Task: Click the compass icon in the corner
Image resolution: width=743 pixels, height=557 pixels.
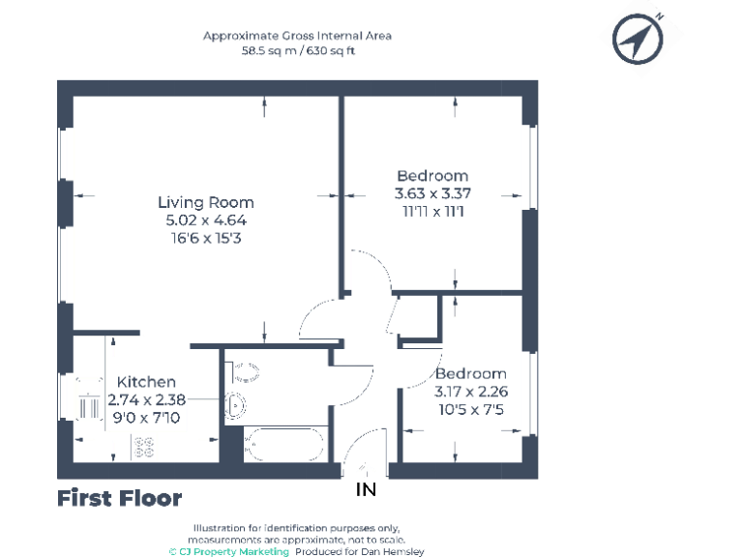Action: point(639,40)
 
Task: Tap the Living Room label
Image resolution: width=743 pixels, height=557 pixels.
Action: point(206,202)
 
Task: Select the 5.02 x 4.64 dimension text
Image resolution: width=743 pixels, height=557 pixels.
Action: point(206,220)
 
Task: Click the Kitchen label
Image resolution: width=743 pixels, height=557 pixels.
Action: point(146,382)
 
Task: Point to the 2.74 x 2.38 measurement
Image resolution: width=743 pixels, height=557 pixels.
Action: point(144,399)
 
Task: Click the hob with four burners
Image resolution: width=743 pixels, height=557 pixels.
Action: point(143,447)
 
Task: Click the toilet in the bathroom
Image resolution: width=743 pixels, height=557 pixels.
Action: point(245,368)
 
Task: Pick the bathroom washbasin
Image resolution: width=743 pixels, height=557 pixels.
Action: point(235,404)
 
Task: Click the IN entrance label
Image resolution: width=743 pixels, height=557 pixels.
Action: point(366,490)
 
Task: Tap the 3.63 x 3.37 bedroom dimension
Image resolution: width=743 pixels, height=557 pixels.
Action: point(432,193)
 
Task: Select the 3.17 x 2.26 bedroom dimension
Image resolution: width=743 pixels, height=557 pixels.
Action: point(470,392)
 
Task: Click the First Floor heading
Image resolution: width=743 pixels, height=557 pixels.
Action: point(119,499)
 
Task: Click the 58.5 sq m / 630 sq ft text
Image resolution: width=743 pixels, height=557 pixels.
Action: point(297,51)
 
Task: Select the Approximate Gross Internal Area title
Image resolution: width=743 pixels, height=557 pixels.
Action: point(297,36)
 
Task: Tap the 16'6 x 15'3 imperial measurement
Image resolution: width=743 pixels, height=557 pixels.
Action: point(206,237)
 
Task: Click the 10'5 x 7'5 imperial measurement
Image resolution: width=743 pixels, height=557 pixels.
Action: point(470,409)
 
